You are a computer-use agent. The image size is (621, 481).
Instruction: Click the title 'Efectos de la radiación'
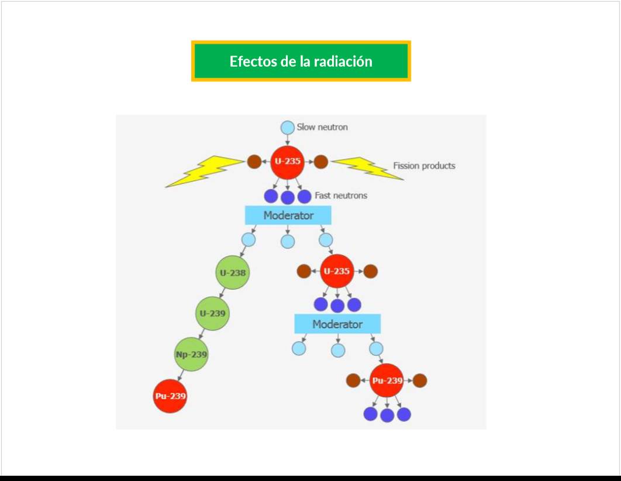301,61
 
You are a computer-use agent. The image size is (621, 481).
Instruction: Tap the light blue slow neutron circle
287,127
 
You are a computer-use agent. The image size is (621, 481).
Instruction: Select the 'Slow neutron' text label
322,127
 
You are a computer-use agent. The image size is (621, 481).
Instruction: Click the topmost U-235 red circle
287,162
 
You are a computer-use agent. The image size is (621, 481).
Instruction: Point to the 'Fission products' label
424,166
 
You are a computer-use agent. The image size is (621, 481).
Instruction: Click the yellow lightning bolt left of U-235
205,171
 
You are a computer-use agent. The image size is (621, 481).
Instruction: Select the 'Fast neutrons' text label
341,195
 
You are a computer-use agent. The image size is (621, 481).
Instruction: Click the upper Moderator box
288,215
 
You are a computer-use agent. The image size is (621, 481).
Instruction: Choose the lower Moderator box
337,324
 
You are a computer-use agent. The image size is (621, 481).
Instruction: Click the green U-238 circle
232,273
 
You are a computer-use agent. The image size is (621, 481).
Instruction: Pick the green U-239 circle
212,313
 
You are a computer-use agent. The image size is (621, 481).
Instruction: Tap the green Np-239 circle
191,354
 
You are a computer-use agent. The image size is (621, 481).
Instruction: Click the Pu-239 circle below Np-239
170,396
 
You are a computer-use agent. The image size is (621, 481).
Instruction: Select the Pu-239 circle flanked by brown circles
387,380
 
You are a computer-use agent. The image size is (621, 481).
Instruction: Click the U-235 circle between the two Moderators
337,271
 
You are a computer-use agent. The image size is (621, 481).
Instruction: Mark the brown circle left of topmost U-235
254,162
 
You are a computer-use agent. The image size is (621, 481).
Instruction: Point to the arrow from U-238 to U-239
223,293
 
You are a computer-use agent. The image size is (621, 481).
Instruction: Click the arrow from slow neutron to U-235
287,139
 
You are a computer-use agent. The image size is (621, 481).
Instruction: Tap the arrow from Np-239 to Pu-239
181,375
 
